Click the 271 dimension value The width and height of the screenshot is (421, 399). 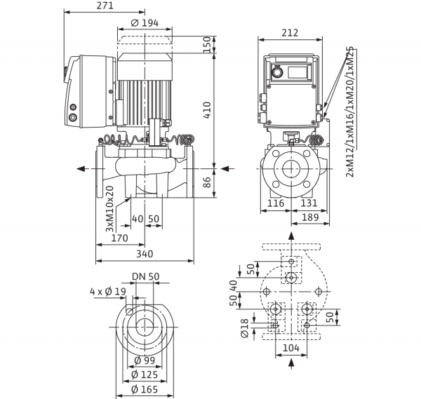105,6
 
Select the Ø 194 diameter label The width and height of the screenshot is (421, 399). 145,23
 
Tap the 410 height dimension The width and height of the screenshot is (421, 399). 207,110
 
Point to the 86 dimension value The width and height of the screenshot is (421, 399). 207,182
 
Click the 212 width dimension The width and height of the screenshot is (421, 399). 290,33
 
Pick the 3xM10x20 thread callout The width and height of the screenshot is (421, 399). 110,208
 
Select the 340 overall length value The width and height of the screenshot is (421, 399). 145,254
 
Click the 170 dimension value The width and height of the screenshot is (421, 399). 120,238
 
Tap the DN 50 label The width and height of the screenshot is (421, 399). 146,276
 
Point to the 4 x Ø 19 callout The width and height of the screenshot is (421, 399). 108,292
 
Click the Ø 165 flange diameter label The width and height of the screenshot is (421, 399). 145,389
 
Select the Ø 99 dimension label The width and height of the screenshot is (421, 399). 145,360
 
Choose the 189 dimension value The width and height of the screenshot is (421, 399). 310,217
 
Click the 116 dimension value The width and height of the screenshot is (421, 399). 276,203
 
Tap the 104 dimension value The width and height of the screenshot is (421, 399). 291,348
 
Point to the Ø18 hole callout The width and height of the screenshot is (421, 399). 245,328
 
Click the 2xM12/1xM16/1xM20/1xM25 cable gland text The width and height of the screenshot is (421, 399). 350,112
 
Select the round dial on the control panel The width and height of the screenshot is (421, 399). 276,72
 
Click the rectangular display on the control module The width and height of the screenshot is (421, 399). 298,72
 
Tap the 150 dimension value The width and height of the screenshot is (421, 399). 207,45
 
